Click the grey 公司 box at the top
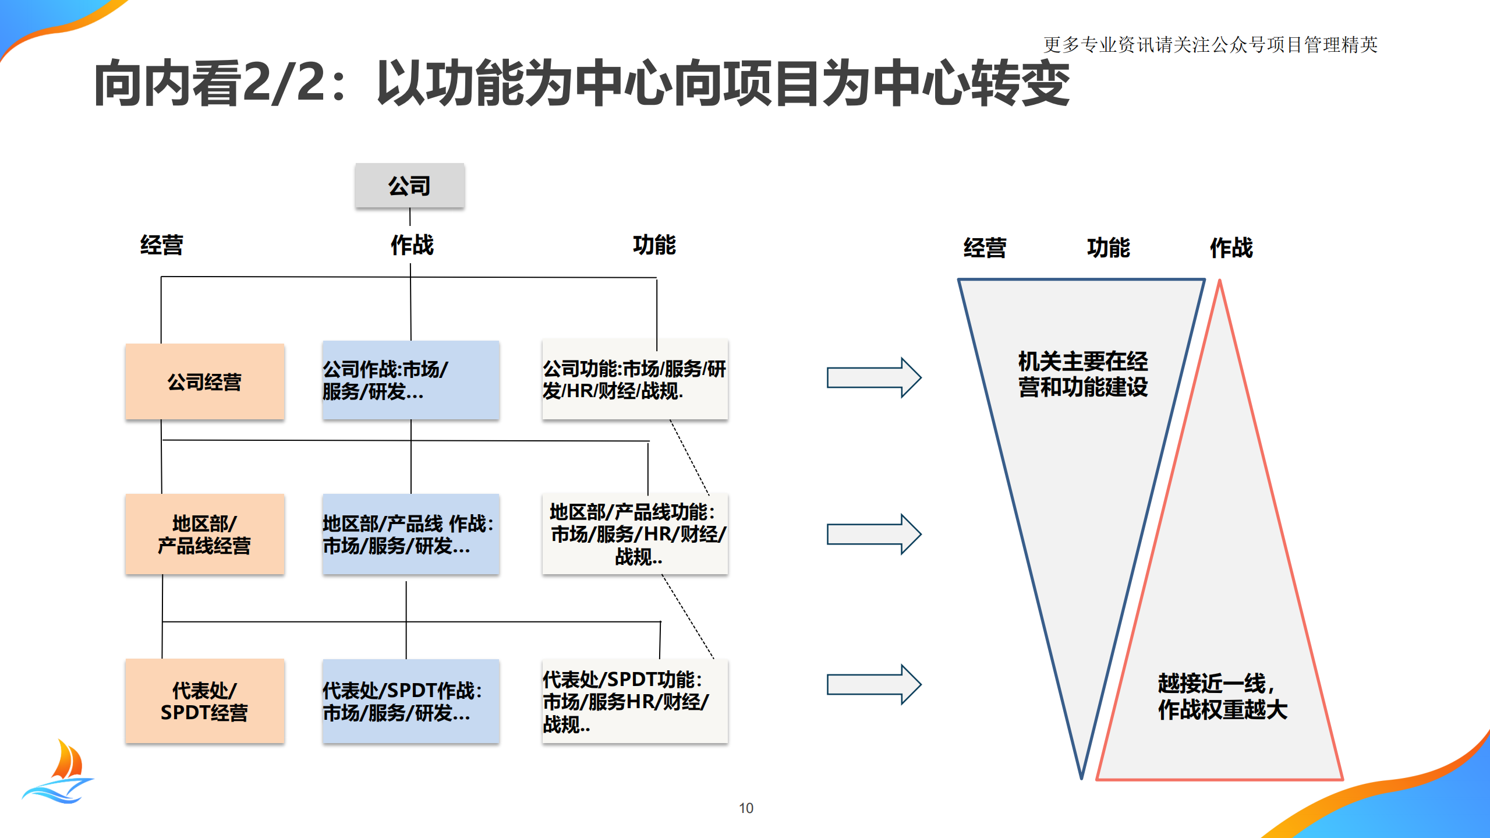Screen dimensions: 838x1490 click(x=409, y=185)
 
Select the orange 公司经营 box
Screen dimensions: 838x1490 click(x=204, y=381)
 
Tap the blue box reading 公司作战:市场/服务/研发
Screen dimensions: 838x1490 click(x=410, y=380)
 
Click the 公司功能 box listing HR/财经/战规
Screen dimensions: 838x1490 click(x=634, y=379)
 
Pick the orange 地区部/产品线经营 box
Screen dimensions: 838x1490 click(x=204, y=534)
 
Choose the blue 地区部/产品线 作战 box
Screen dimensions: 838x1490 click(x=410, y=534)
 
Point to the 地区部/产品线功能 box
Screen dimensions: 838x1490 click(x=634, y=534)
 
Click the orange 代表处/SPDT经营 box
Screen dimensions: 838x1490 click(x=204, y=701)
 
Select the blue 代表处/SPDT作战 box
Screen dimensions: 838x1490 click(x=410, y=701)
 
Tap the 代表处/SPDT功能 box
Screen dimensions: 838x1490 click(x=634, y=701)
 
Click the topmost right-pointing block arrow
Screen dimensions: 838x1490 click(x=873, y=377)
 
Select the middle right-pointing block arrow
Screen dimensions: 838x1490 click(x=873, y=533)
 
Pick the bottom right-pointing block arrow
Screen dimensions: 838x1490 click(x=873, y=684)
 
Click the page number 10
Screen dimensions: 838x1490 click(x=745, y=808)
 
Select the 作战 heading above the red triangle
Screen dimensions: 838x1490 click(x=1231, y=247)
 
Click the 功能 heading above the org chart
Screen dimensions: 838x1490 click(x=654, y=245)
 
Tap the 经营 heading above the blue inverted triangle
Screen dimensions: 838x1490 click(x=984, y=247)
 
